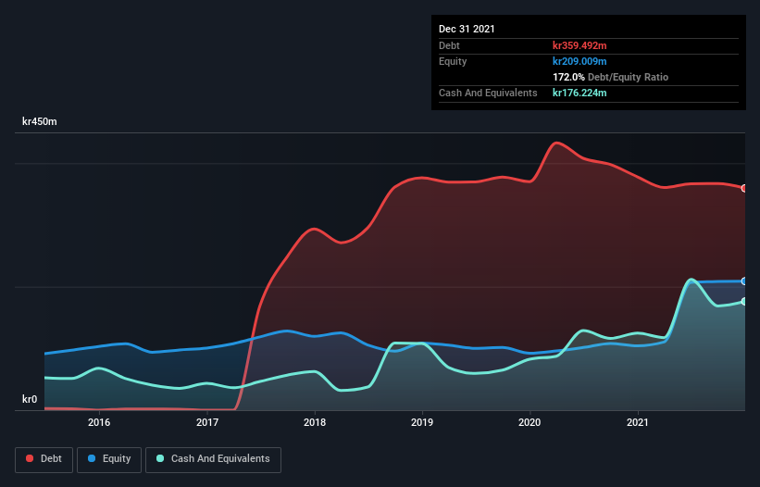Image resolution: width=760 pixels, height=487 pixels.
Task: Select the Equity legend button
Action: tap(109, 459)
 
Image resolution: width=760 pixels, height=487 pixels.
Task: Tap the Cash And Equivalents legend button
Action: tap(213, 459)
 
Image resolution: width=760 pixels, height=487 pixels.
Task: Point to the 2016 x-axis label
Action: tap(99, 422)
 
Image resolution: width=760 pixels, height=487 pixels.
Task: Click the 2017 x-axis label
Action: tap(207, 422)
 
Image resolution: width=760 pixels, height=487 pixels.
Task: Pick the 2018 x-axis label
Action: tap(315, 422)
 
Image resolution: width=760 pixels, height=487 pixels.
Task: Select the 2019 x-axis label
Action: tap(422, 422)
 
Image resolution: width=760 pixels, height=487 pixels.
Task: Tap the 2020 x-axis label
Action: tap(530, 422)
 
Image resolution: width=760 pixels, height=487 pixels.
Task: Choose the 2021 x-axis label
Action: tap(638, 422)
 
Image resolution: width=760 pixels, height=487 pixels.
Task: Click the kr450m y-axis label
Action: tap(42, 122)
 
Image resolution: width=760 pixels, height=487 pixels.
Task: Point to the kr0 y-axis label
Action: tap(30, 400)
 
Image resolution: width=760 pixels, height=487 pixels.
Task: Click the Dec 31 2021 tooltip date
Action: tap(467, 29)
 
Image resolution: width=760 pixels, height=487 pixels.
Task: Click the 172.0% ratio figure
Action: tap(568, 77)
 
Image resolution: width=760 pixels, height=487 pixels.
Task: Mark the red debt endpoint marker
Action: tap(743, 188)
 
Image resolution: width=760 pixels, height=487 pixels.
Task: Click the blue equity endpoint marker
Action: tap(743, 281)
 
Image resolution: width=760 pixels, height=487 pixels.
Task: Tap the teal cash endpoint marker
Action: tap(743, 301)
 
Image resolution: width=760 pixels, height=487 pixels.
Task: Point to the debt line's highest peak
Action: tap(556, 144)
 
